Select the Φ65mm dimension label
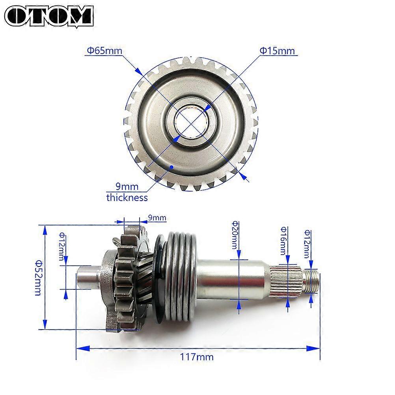click(104, 51)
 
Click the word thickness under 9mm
click(127, 197)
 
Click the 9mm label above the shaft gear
click(157, 218)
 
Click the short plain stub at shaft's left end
click(88, 277)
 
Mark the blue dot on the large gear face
click(171, 168)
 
